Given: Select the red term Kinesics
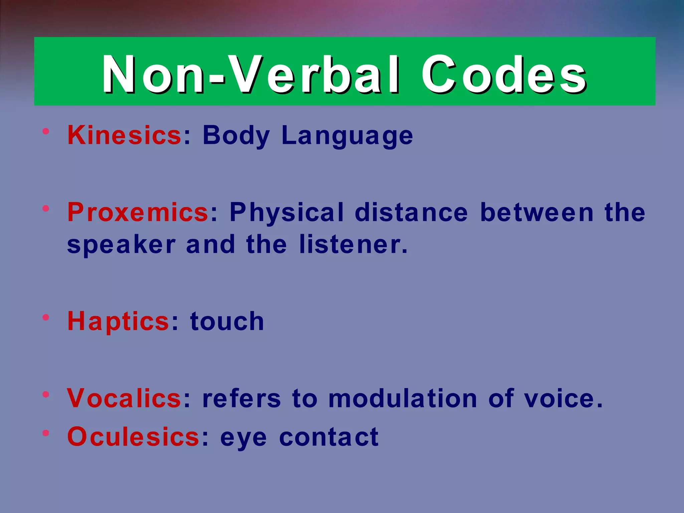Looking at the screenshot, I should click(x=124, y=135).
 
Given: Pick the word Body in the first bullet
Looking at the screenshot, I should click(x=236, y=135).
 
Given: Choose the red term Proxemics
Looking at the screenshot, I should click(x=138, y=212).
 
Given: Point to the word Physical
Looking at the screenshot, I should click(x=287, y=212).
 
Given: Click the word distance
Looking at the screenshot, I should click(x=411, y=212).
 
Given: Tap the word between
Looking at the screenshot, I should click(x=537, y=212).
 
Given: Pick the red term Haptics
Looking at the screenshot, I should click(x=119, y=321).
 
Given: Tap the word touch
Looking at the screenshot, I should click(x=227, y=321).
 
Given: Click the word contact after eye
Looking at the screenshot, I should click(x=329, y=437).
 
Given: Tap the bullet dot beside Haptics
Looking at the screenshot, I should click(x=46, y=317).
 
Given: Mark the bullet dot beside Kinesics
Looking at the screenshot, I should click(x=46, y=131).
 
